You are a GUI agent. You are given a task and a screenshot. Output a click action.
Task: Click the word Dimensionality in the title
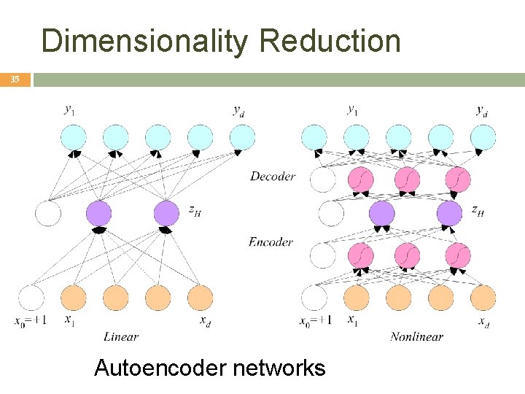146,41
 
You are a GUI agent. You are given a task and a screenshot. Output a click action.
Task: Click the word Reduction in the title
330,41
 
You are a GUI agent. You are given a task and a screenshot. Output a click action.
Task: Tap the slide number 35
15,80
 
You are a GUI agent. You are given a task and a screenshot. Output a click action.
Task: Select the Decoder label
272,176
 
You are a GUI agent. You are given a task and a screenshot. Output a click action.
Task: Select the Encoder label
271,242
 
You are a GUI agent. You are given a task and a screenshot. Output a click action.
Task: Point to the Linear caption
120,336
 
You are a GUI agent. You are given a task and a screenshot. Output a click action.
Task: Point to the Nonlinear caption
416,336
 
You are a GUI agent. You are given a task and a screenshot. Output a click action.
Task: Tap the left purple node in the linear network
98,213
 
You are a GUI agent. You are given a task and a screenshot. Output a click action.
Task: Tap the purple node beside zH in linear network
166,213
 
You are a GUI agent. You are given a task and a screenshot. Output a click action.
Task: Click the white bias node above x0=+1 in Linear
31,298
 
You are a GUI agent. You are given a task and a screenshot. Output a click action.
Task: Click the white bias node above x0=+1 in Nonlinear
314,298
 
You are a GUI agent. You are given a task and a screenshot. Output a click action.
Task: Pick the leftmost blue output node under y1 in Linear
74,136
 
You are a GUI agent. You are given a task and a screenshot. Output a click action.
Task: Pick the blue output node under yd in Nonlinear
483,136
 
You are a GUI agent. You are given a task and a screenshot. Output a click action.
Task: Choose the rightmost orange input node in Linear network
200,298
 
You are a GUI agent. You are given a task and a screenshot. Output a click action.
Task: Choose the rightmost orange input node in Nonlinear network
483,298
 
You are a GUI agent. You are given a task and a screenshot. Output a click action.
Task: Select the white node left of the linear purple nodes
48,213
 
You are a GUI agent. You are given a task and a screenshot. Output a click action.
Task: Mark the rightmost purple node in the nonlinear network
449,213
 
